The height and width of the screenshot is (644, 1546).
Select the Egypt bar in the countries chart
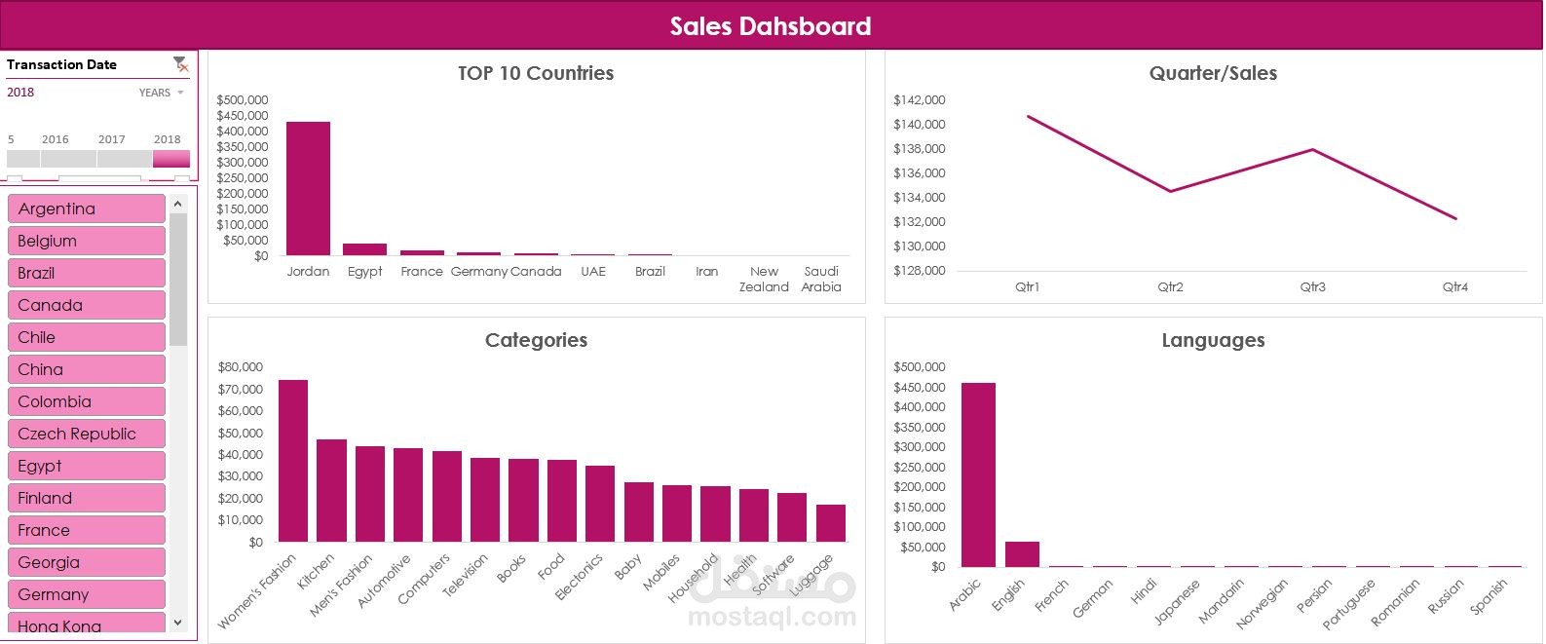(x=364, y=249)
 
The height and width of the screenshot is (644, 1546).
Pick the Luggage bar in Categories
(x=831, y=523)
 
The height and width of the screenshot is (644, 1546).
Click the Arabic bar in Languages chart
(x=978, y=474)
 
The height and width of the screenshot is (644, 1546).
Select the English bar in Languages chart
(x=1022, y=554)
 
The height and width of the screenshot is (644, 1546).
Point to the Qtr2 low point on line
(x=1170, y=191)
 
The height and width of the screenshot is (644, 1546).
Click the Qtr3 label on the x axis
(x=1312, y=287)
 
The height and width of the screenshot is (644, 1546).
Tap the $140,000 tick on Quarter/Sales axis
(x=919, y=125)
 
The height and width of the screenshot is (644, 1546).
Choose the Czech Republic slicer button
(x=86, y=434)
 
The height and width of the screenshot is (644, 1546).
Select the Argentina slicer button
(x=86, y=208)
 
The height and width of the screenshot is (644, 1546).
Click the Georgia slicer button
(x=86, y=562)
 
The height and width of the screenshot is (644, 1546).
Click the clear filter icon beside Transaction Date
(x=180, y=64)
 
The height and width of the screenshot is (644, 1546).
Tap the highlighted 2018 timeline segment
(x=171, y=159)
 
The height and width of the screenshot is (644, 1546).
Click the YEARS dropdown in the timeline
(x=161, y=93)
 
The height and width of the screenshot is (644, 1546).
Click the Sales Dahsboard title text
(x=771, y=26)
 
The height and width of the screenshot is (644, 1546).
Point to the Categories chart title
(x=536, y=340)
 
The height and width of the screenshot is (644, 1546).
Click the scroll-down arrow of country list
(x=177, y=623)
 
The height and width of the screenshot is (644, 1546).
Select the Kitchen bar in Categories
(x=331, y=490)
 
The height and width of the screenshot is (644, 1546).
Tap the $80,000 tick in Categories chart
(x=240, y=367)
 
